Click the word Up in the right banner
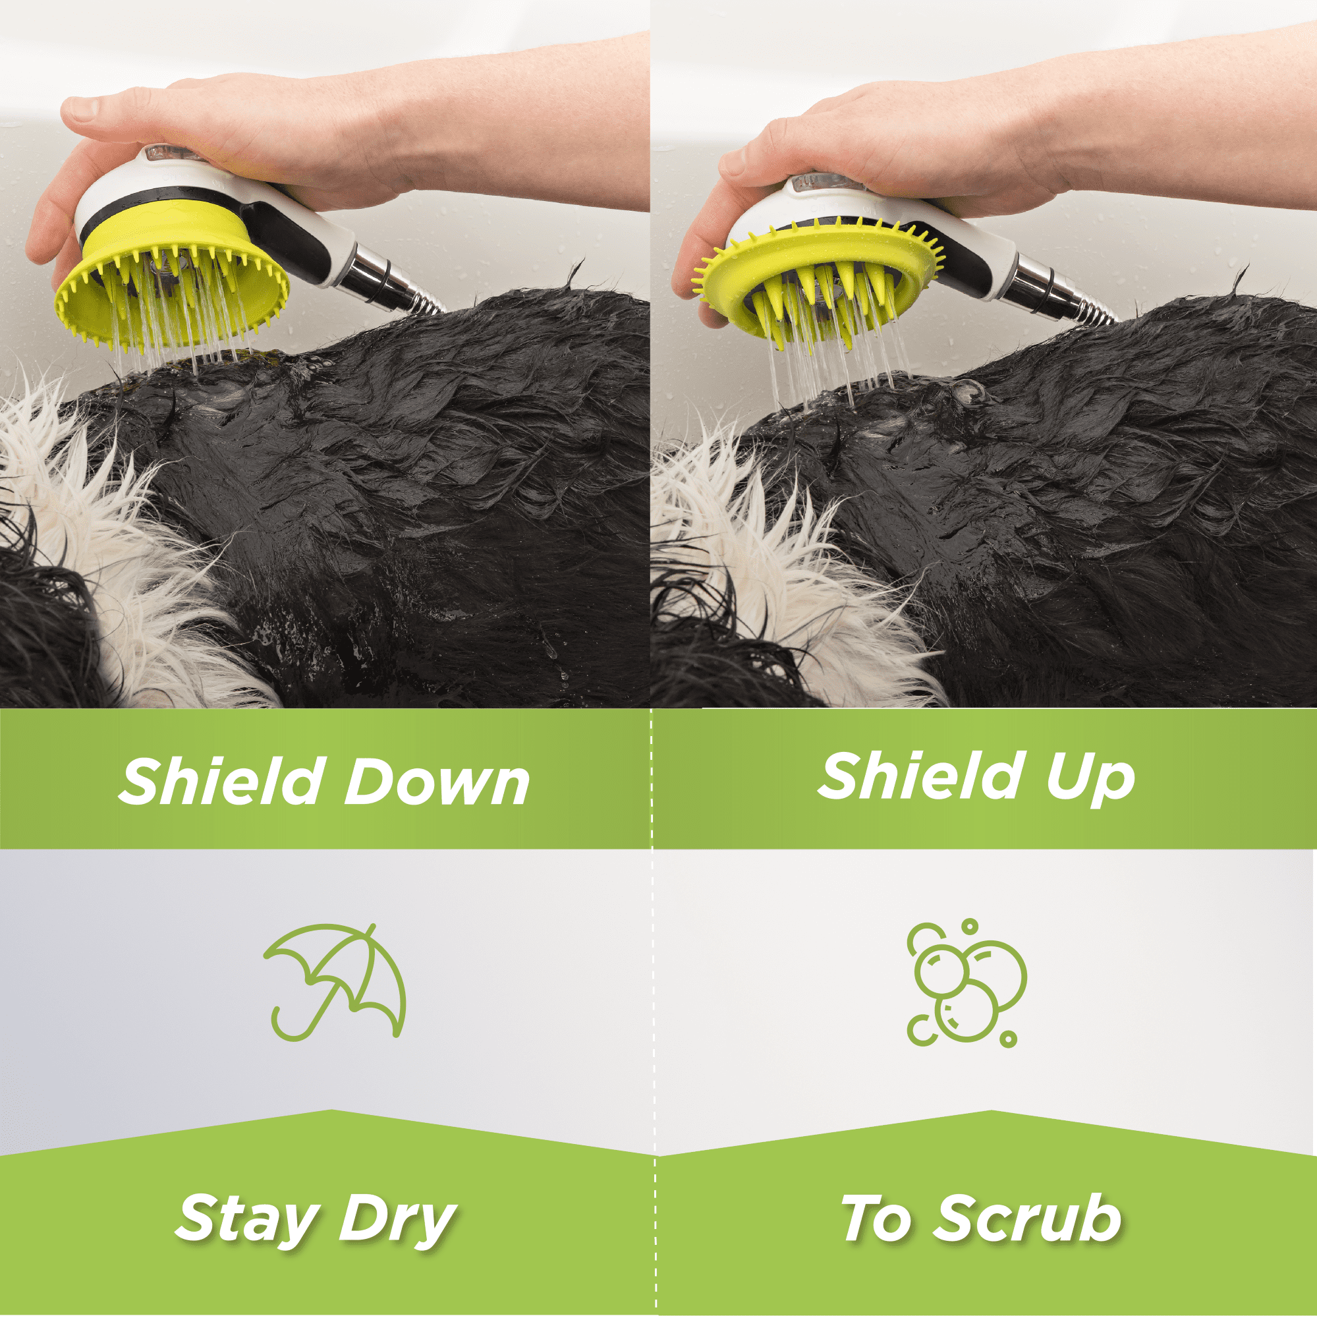point(1090,778)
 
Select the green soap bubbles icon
point(966,983)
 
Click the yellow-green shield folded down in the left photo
point(171,300)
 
